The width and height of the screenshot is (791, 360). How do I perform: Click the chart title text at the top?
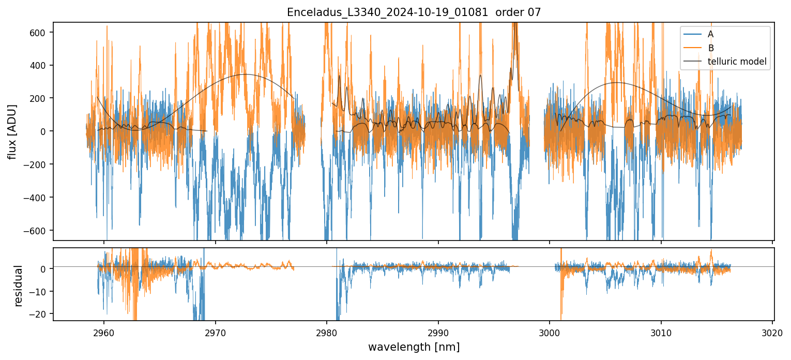(x=414, y=12)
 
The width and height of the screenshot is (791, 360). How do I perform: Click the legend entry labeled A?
(x=710, y=34)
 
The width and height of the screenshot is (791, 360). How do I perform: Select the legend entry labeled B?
(x=710, y=48)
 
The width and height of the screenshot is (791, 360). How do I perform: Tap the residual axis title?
(x=19, y=286)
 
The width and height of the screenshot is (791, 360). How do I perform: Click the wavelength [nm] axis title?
(x=414, y=347)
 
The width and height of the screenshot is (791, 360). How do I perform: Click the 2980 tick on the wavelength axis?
(x=327, y=332)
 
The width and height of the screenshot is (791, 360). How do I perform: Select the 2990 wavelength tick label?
(x=438, y=332)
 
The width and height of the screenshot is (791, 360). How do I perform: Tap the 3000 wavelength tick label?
(x=550, y=332)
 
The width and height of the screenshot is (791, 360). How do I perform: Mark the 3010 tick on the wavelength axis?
(x=661, y=332)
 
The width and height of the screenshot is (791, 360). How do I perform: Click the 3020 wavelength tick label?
(x=772, y=332)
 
